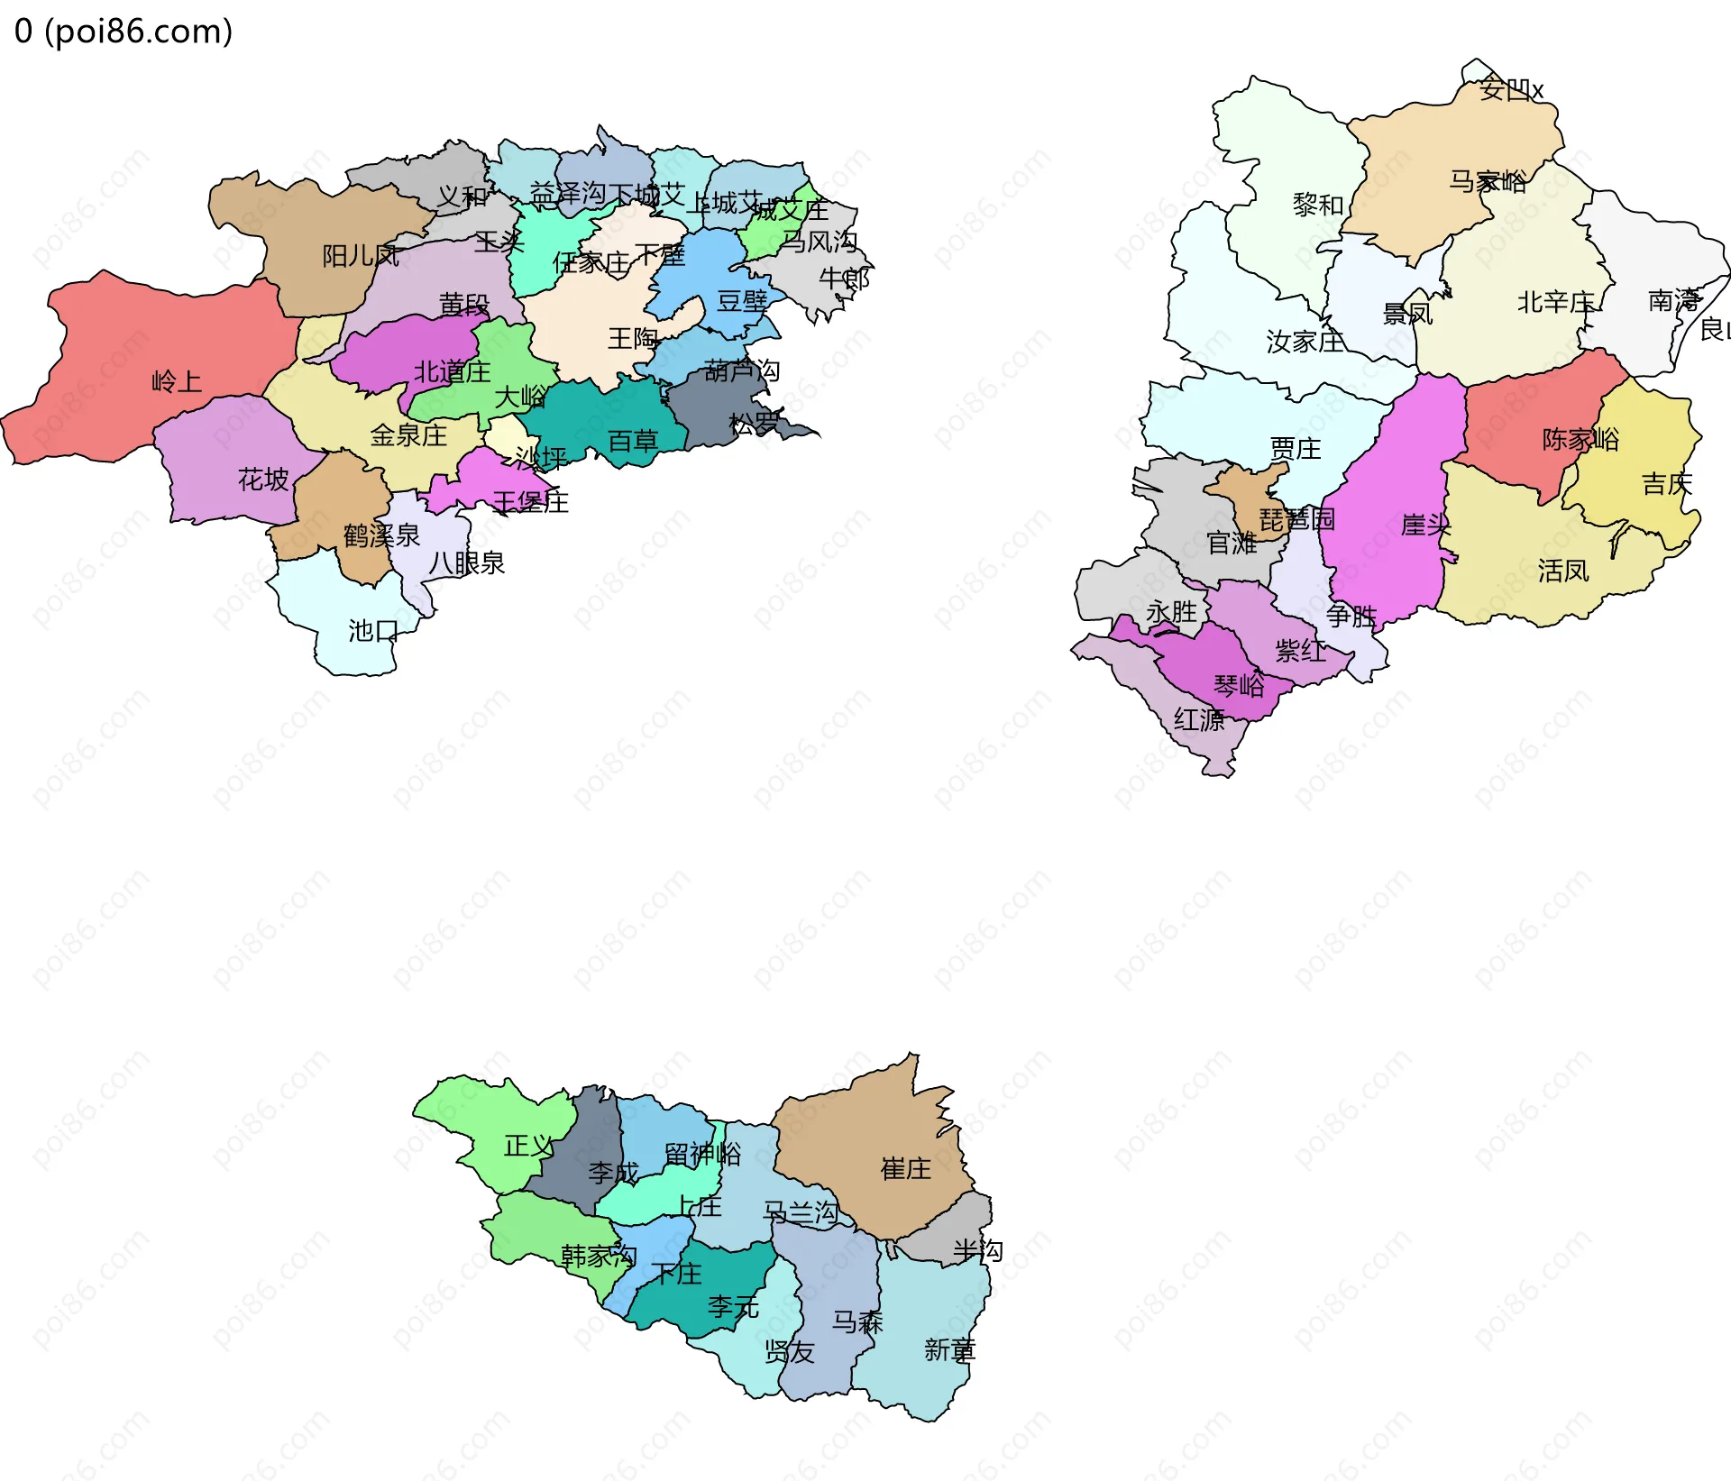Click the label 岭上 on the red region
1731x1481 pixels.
click(177, 381)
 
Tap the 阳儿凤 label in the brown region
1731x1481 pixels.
click(361, 256)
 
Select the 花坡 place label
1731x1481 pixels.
click(263, 479)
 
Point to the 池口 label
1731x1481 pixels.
click(373, 630)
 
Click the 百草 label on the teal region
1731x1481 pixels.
click(633, 441)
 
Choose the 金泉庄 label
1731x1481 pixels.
click(408, 435)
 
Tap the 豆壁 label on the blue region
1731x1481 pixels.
click(742, 301)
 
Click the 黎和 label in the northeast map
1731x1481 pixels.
click(1318, 205)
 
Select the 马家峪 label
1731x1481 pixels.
click(1488, 181)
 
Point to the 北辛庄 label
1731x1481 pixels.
click(1556, 302)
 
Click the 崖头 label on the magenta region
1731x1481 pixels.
click(1425, 525)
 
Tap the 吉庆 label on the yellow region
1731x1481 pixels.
click(1667, 484)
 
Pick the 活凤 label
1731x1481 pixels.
click(1563, 571)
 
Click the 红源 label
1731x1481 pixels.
click(1199, 719)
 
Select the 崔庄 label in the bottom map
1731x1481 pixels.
click(906, 1169)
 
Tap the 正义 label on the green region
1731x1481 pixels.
click(529, 1146)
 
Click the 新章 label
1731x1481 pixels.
click(949, 1349)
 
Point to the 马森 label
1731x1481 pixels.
click(857, 1321)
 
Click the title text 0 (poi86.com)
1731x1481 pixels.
click(124, 32)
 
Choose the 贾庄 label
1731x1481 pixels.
click(1296, 448)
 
